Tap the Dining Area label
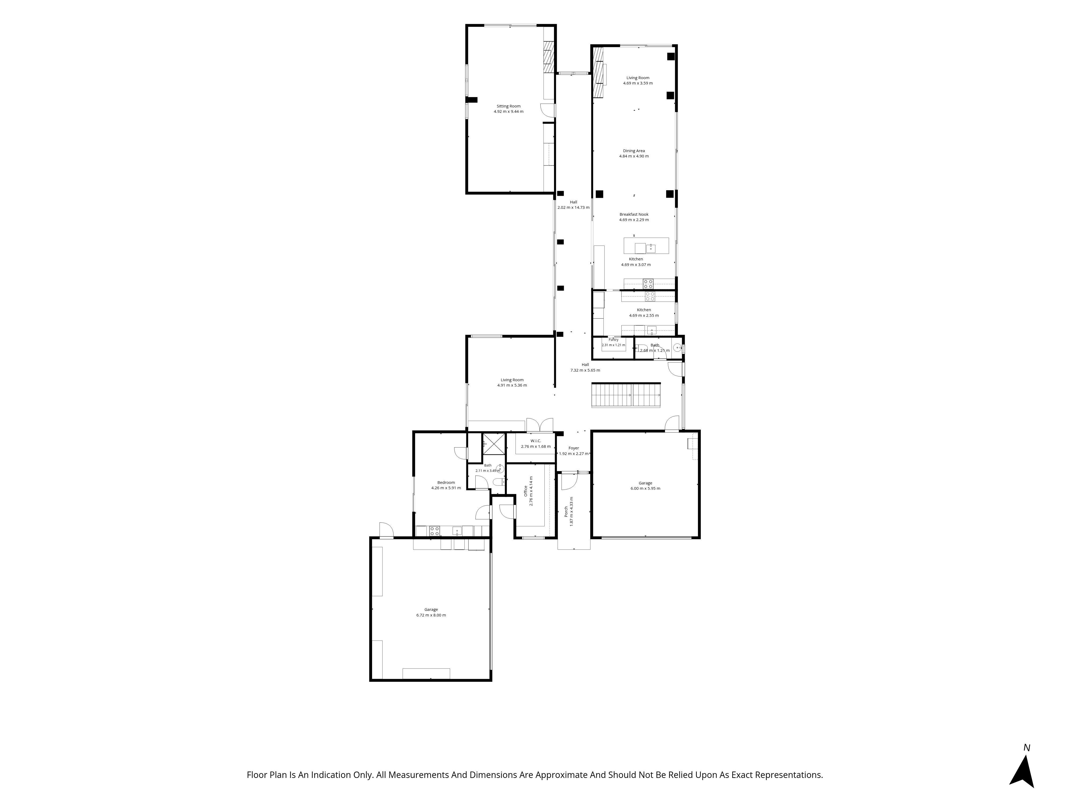pyautogui.click(x=634, y=151)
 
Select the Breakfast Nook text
pyautogui.click(x=634, y=214)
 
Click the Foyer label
pyautogui.click(x=574, y=448)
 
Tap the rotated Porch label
pyautogui.click(x=566, y=511)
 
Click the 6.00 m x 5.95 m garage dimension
pyautogui.click(x=645, y=488)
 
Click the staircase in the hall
pyautogui.click(x=626, y=395)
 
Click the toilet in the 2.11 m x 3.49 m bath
pyautogui.click(x=498, y=482)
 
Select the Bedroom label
pyautogui.click(x=446, y=483)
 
